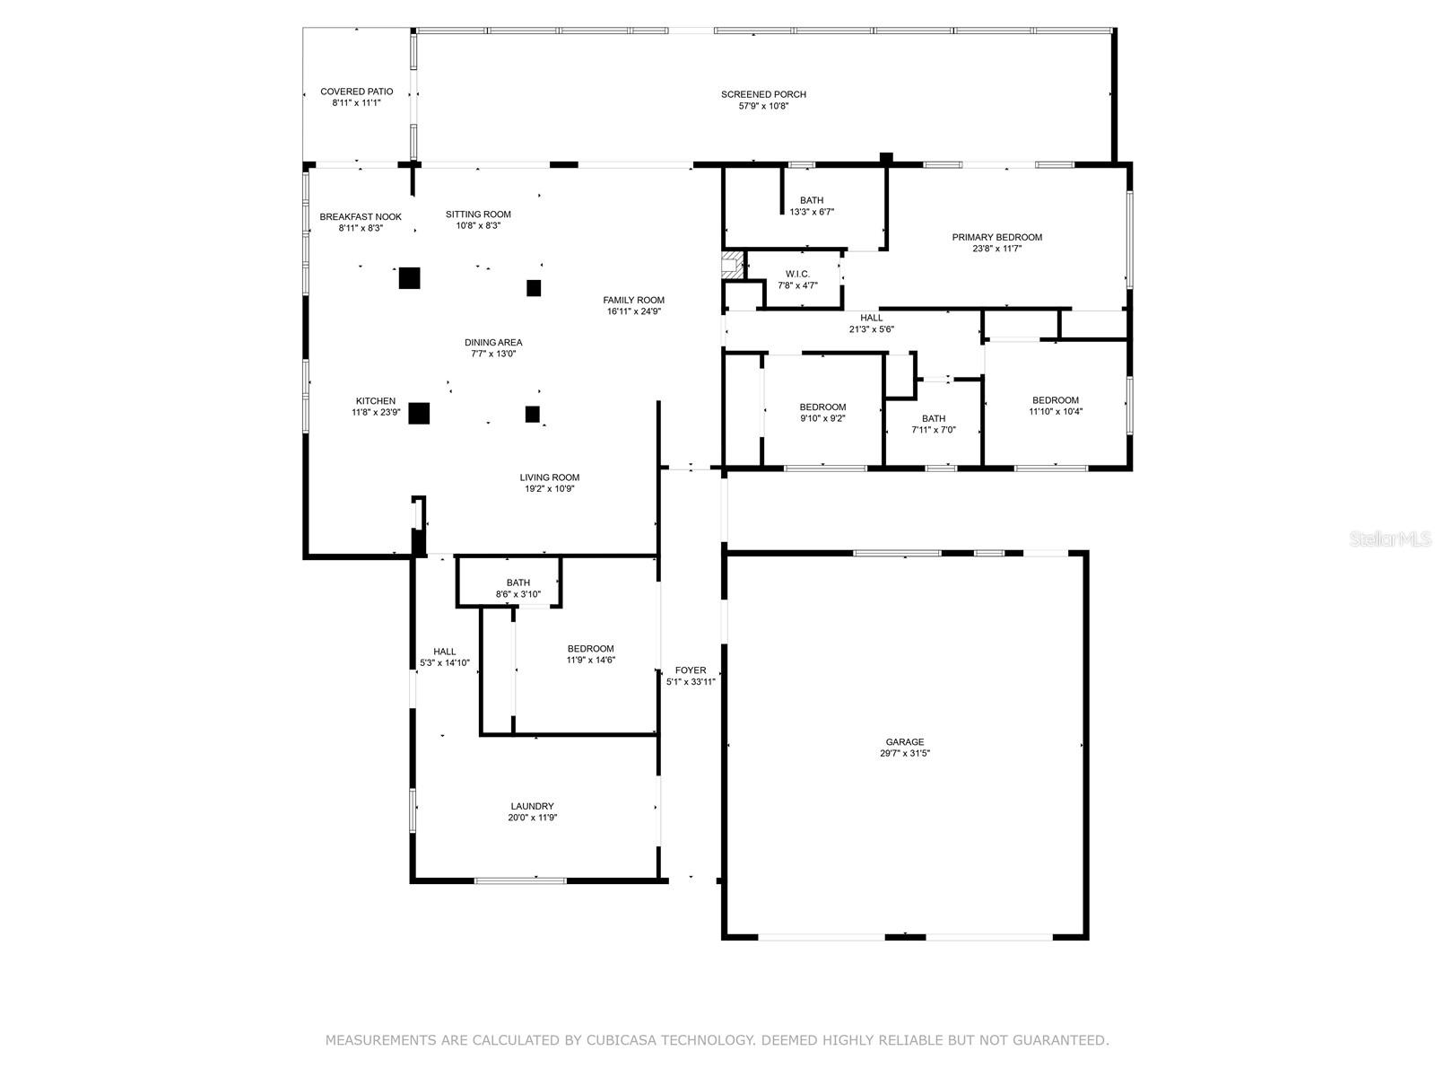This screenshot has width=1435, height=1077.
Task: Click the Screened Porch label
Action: coord(763,94)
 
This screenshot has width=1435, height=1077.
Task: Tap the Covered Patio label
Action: coord(356,92)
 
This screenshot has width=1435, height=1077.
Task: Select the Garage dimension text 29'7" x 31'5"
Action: coord(904,753)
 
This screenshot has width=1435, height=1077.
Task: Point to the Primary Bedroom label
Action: coord(996,237)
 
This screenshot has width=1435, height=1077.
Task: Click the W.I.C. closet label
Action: coord(797,274)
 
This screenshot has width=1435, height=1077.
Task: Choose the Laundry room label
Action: coord(532,806)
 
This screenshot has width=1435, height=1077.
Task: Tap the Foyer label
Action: coord(691,670)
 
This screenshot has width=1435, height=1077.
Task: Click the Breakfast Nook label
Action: coord(361,217)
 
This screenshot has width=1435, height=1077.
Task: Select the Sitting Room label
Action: coord(478,215)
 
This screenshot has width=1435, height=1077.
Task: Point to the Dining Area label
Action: coord(493,343)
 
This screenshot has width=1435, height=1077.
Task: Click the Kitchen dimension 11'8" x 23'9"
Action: coord(375,412)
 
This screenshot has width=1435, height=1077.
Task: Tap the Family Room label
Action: coord(633,300)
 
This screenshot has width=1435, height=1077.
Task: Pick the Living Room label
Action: coord(549,477)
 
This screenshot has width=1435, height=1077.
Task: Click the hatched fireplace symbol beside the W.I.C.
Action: coord(733,265)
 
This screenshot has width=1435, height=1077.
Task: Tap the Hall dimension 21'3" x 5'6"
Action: coord(871,328)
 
